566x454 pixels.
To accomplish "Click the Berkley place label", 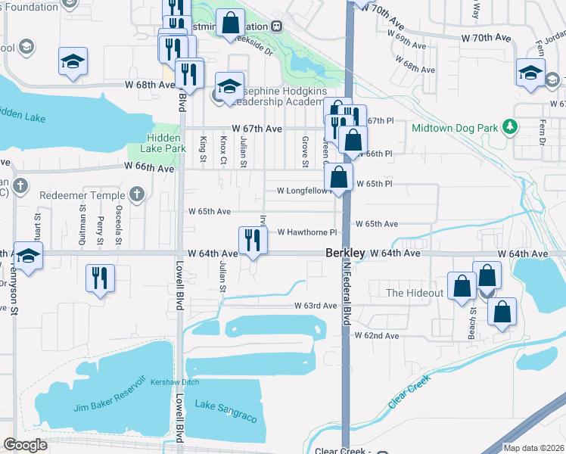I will pos(346,253).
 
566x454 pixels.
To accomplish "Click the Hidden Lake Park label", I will pos(163,143).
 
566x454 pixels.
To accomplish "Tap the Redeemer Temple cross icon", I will pos(137,195).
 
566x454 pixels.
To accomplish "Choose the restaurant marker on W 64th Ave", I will pos(252,241).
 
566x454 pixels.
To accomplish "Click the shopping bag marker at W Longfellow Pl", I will pos(340,179).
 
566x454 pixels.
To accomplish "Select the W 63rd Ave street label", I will pos(316,306).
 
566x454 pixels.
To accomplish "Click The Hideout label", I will pos(415,293).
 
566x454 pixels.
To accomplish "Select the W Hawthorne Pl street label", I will pos(306,232).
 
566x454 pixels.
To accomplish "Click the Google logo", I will pos(25,444).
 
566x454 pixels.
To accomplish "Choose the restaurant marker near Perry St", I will pos(100,278).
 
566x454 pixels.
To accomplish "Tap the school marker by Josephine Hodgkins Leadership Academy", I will pos(229,86).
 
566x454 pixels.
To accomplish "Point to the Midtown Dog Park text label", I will pos(455,128).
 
